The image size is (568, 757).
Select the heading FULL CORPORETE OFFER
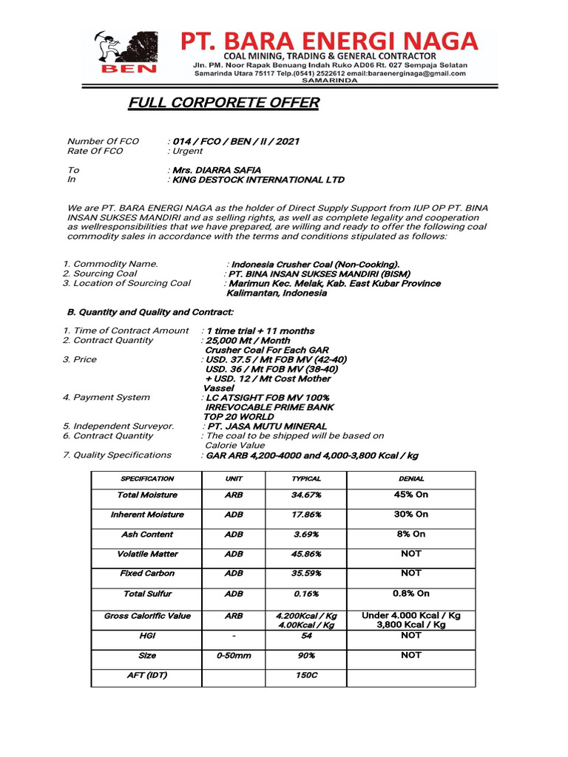click(224, 103)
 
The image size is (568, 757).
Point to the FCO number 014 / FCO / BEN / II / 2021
click(236, 141)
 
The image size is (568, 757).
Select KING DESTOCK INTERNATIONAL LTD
click(258, 180)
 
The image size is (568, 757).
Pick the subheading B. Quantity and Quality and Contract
click(150, 312)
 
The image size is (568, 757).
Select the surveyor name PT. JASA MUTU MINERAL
click(267, 426)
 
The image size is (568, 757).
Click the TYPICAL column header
click(306, 479)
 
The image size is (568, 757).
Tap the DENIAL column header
click(411, 479)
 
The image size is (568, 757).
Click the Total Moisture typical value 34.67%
click(306, 495)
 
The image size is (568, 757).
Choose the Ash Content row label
click(147, 534)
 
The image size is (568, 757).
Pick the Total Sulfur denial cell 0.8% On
click(411, 593)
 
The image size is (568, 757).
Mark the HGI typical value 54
click(306, 636)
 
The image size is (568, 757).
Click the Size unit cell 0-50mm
click(234, 656)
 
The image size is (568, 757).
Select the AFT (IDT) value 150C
click(306, 675)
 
